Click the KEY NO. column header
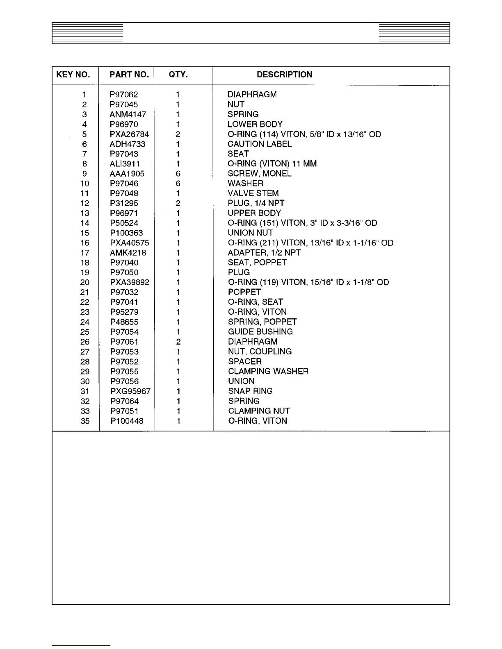coord(73,75)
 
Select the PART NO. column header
coord(129,75)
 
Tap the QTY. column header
coord(178,75)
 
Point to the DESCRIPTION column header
coord(284,75)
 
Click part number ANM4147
coord(128,114)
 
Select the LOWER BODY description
coord(255,124)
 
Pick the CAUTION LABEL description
coord(259,144)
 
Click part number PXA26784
coord(129,134)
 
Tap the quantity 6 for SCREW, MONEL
coord(178,174)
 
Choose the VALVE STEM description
coord(253,193)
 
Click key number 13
coord(85,213)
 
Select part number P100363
coord(126,233)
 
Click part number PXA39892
coord(130,282)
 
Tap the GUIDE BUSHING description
coord(260,332)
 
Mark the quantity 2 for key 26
coord(178,342)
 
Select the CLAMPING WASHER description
coord(268,371)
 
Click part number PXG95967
coord(130,391)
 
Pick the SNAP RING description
coord(250,391)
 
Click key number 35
coord(85,421)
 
